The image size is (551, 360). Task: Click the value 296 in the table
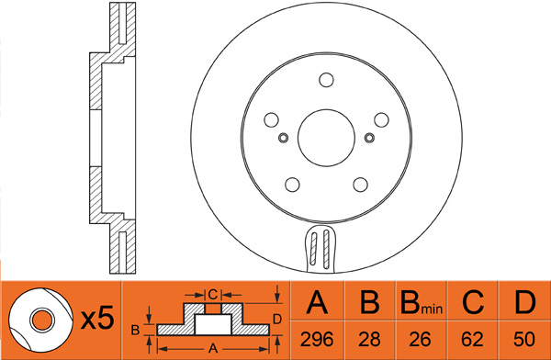[317, 339]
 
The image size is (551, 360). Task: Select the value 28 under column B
[369, 339]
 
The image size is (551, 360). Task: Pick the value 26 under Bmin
[421, 339]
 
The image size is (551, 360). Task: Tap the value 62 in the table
[472, 339]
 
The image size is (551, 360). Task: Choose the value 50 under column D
[524, 339]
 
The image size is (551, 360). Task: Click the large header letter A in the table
[317, 302]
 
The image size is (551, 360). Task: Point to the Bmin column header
[422, 303]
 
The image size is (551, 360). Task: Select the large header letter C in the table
[473, 302]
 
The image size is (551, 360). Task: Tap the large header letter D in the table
[525, 302]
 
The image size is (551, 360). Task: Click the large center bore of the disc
[326, 138]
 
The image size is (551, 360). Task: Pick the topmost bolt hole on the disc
[326, 80]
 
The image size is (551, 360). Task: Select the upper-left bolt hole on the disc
[271, 120]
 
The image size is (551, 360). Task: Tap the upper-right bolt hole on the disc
[381, 120]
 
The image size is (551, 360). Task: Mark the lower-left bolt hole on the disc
[292, 185]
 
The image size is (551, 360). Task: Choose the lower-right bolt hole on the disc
[360, 185]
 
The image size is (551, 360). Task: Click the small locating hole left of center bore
[283, 138]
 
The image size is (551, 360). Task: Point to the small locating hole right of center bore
[369, 138]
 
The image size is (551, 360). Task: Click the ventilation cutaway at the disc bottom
[320, 248]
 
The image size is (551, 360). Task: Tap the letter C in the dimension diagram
[213, 294]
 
